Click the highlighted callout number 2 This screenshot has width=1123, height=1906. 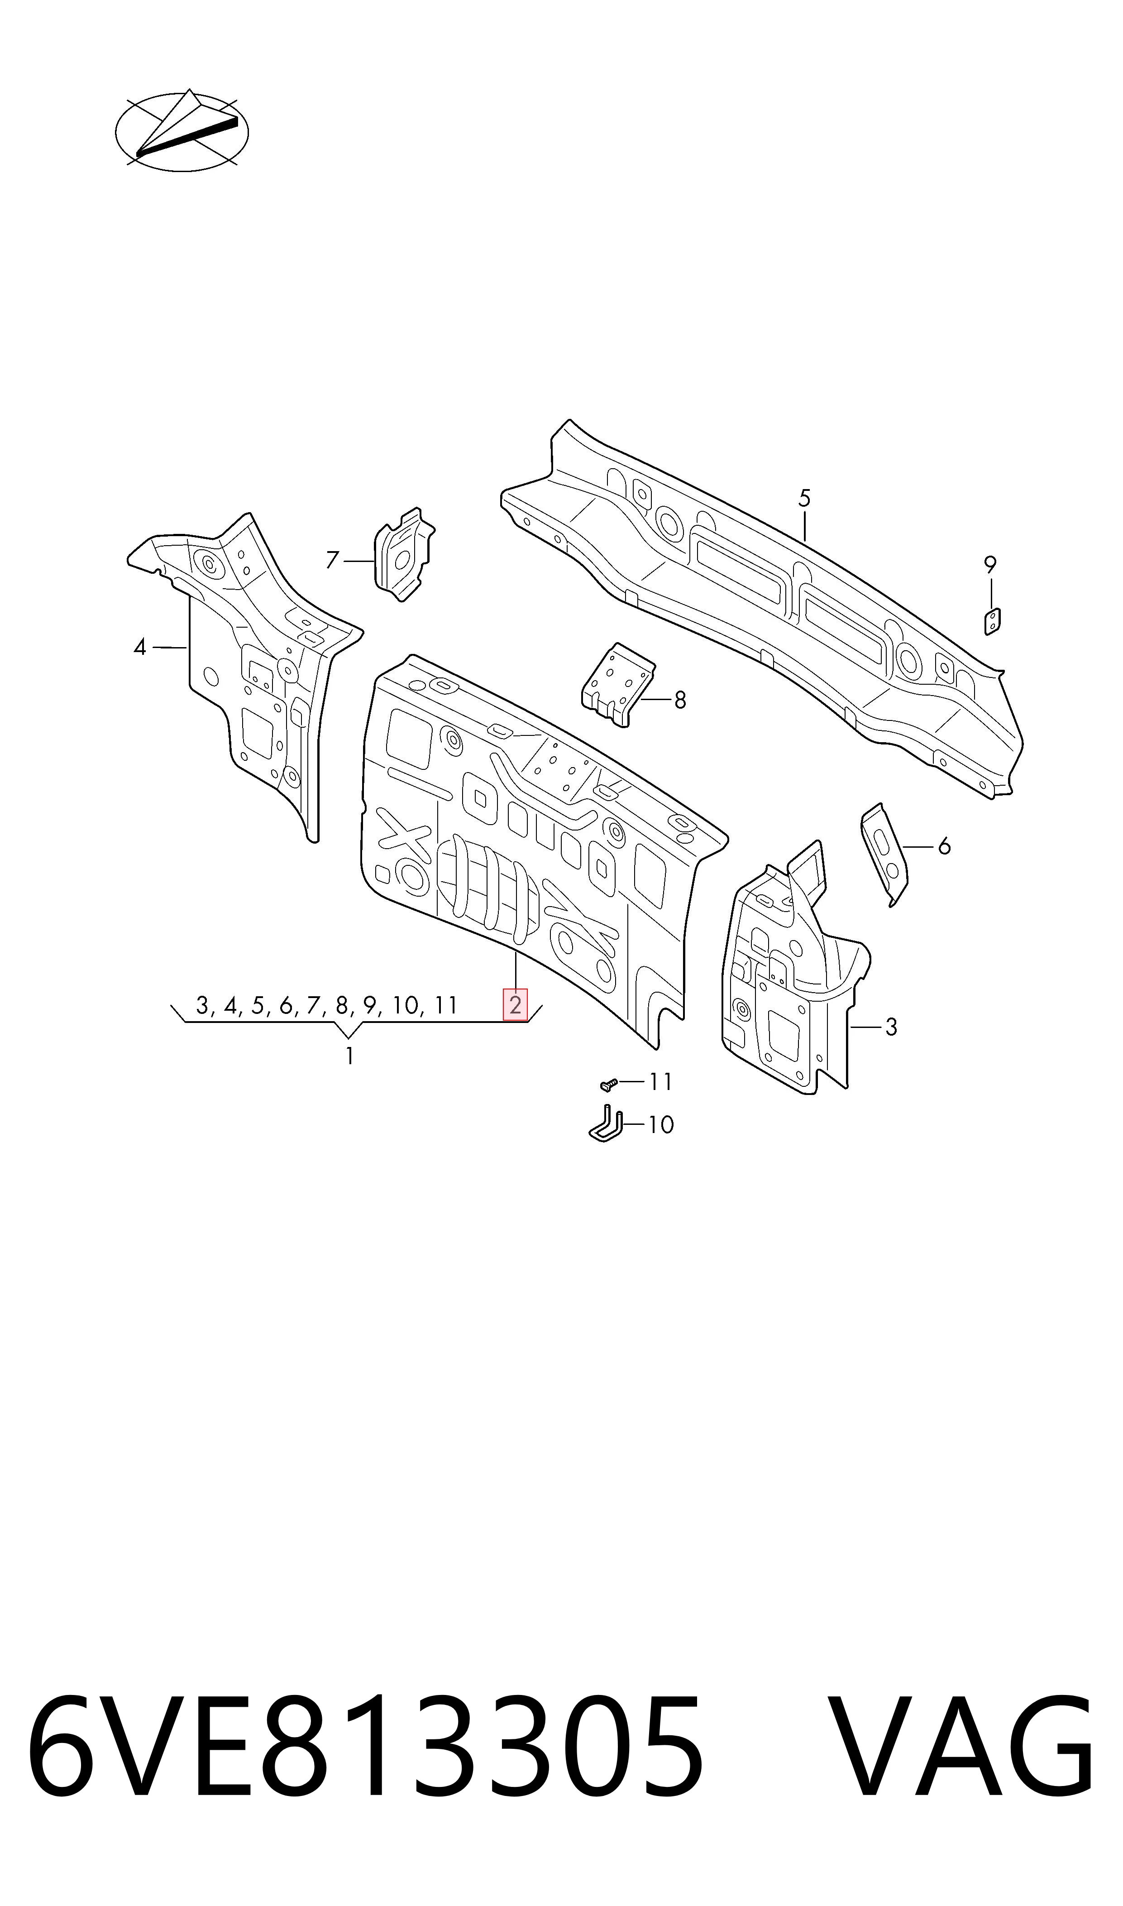point(516,1005)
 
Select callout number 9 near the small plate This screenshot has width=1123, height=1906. point(990,565)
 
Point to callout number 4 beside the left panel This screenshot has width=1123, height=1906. point(139,647)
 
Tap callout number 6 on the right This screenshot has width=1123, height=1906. point(944,846)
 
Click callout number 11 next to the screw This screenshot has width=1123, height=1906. point(661,1082)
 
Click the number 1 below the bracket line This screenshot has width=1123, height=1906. point(349,1056)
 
